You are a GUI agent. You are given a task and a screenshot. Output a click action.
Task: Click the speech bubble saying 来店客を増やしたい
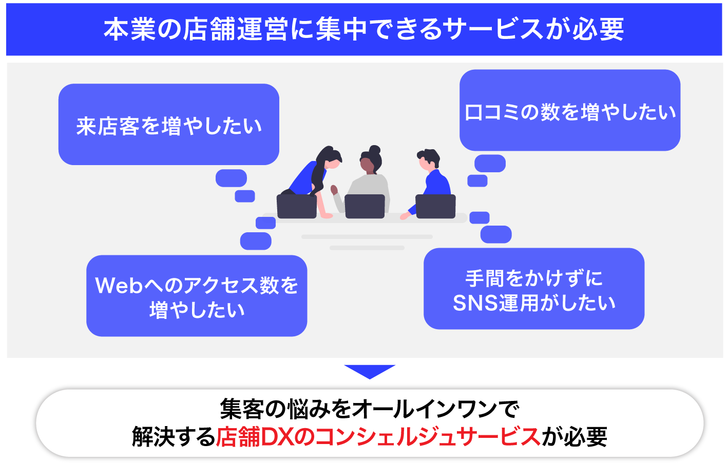click(168, 125)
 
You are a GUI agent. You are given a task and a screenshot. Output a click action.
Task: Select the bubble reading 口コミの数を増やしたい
click(569, 110)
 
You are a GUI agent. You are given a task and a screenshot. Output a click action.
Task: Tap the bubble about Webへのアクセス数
click(197, 296)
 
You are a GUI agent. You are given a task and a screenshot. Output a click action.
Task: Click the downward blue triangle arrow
click(369, 371)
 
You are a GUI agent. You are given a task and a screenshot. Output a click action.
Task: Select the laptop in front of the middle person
click(365, 206)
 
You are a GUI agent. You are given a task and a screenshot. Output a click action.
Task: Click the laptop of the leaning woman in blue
click(296, 206)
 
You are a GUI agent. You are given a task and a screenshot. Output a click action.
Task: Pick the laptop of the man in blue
click(435, 206)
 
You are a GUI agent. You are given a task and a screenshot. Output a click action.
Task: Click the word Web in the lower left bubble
click(119, 286)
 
